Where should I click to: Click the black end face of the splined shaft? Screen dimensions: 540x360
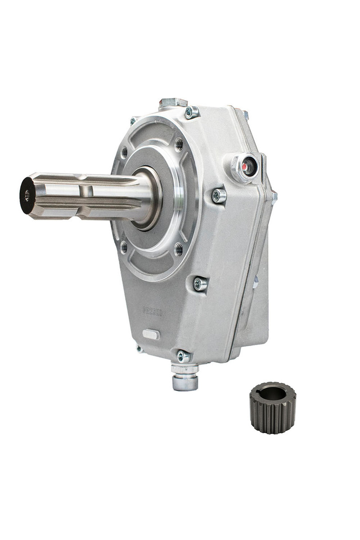[x=27, y=195]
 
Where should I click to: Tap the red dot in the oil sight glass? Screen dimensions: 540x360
[x=246, y=166]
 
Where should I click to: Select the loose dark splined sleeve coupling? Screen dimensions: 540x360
[x=272, y=407]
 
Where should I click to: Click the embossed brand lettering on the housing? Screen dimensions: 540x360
[x=152, y=311]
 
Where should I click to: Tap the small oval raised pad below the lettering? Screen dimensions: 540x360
[x=151, y=334]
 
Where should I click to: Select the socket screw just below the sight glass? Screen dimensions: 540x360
[x=219, y=196]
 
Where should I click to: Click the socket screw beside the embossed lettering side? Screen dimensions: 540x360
[x=200, y=283]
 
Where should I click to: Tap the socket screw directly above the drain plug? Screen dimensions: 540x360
[x=183, y=356]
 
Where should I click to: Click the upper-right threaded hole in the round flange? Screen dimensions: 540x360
[x=179, y=144]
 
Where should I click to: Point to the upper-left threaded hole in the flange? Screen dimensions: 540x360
[x=125, y=152]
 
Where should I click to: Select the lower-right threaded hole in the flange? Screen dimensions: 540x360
[x=179, y=248]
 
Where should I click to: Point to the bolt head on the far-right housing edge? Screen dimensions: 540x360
[x=273, y=197]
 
